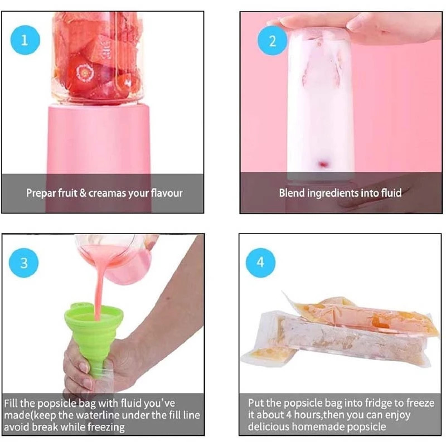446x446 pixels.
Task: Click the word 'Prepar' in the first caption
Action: (40, 193)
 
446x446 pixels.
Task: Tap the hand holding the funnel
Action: (78, 362)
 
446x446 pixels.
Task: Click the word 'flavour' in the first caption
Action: (166, 193)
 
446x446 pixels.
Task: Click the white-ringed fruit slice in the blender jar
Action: (85, 72)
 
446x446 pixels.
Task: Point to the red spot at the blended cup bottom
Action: (322, 163)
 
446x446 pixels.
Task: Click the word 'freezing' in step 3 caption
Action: (105, 427)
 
